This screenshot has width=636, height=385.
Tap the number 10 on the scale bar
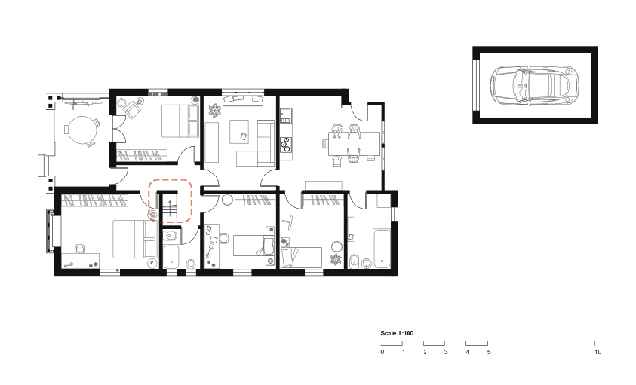pyautogui.click(x=598, y=352)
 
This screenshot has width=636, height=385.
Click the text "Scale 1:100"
pyautogui.click(x=398, y=332)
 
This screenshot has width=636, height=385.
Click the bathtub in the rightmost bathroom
pyautogui.click(x=377, y=246)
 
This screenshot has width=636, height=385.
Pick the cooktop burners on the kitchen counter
pyautogui.click(x=286, y=143)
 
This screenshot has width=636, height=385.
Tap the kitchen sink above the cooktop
pyautogui.click(x=286, y=116)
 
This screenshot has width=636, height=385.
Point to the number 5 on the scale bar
pyautogui.click(x=489, y=352)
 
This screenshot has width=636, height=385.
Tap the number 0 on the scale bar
pyautogui.click(x=383, y=352)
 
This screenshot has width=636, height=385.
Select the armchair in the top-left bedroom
pyautogui.click(x=133, y=109)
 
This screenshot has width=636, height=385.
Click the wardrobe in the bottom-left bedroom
pyautogui.click(x=94, y=200)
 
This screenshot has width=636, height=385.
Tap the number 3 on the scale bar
pyautogui.click(x=446, y=352)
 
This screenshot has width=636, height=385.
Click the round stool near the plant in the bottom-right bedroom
pyautogui.click(x=335, y=246)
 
